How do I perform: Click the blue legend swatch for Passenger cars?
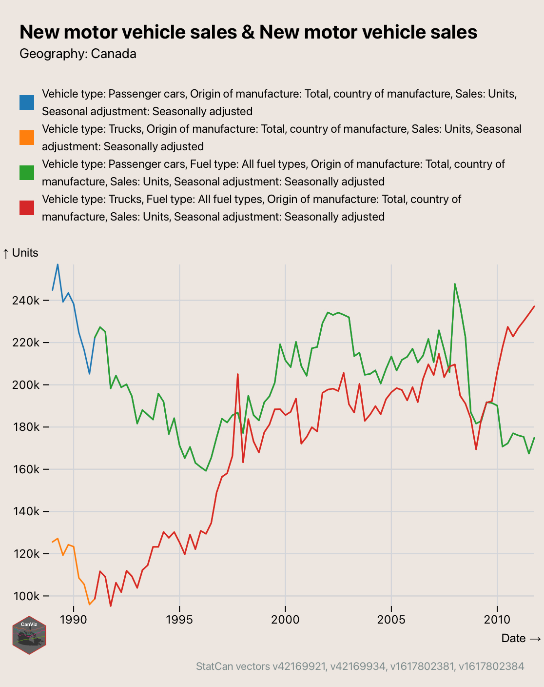point(27,102)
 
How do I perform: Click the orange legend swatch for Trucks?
point(27,138)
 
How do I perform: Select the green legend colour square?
point(27,173)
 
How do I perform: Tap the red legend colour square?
point(27,208)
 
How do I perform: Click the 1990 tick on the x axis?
point(74,620)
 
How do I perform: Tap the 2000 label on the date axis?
point(285,620)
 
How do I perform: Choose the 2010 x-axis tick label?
point(497,620)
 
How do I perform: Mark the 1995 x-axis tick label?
point(179,620)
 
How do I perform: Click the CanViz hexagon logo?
point(29,635)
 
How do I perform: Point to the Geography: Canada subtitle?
point(78,54)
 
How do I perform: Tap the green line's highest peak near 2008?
point(455,284)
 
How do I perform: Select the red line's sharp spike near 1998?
point(237,374)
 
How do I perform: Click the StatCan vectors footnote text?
point(360,666)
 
